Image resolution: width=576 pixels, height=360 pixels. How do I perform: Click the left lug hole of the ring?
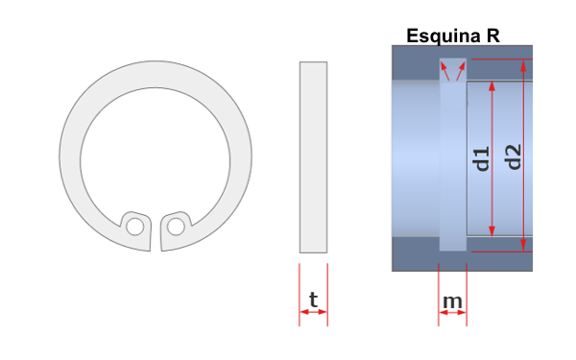[x=134, y=227]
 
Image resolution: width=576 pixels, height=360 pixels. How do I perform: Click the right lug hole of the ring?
[x=176, y=227]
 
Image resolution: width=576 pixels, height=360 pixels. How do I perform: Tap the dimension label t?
[x=313, y=300]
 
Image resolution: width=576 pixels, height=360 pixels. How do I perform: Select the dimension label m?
[x=452, y=301]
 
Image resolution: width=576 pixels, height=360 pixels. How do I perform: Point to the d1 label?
[x=482, y=158]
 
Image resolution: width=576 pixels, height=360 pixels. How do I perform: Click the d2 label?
[x=514, y=156]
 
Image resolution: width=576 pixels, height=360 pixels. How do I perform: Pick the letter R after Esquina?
[x=493, y=36]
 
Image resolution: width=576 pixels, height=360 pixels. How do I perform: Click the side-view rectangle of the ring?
[x=313, y=157]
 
